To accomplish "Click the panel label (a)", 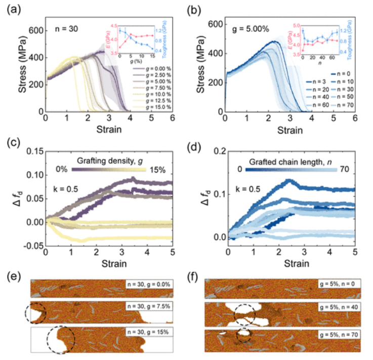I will (11, 9).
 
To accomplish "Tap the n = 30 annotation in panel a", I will (66, 30).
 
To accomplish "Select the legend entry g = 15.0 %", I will (154, 107).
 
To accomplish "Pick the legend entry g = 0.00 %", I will (154, 68).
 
